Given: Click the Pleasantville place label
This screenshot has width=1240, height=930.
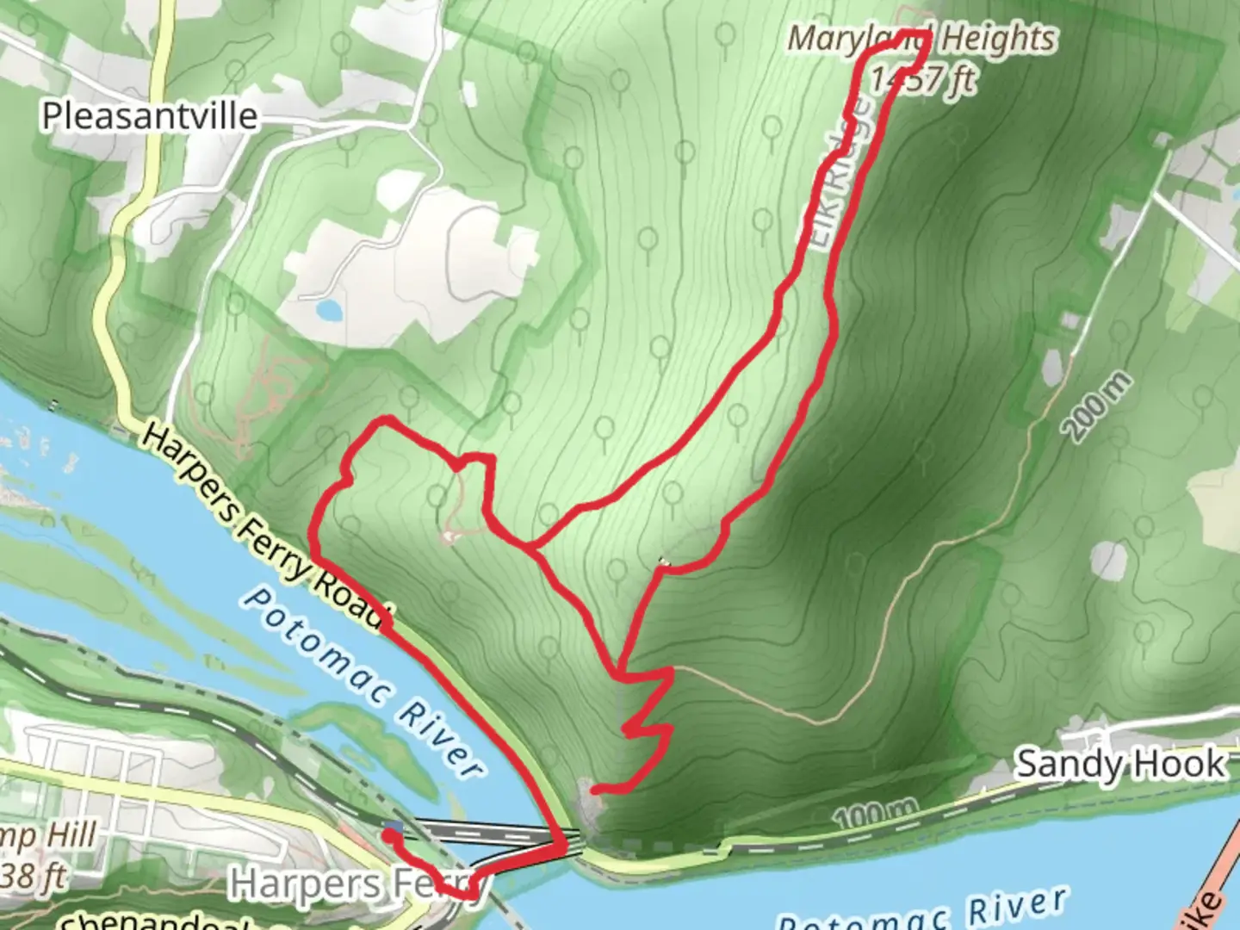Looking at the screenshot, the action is click(x=150, y=116).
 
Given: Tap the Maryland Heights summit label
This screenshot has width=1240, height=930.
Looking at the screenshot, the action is click(x=921, y=39).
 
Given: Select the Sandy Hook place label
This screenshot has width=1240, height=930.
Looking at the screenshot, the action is click(x=1119, y=764).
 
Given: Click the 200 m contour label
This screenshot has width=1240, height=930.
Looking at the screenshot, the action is click(x=1098, y=407).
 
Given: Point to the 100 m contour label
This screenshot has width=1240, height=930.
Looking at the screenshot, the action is click(x=874, y=812).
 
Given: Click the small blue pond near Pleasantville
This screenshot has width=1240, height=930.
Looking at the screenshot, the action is click(x=327, y=308).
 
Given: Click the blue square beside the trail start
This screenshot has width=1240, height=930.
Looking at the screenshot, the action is click(x=393, y=828).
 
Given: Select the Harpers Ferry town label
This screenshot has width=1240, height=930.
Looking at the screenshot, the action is click(x=353, y=884).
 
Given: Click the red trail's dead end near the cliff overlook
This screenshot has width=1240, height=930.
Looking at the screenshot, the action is click(x=594, y=788).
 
